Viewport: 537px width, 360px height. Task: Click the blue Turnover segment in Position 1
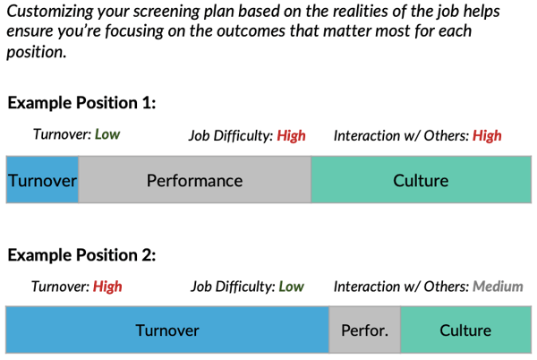point(42,180)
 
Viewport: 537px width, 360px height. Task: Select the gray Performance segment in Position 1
point(195,180)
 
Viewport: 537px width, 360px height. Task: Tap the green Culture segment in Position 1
point(422,180)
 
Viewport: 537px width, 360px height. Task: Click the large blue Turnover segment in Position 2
point(167,330)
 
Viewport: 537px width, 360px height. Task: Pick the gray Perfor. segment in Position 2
point(365,330)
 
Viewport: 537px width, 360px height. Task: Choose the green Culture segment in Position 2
point(465,330)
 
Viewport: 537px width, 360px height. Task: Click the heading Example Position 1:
point(81,103)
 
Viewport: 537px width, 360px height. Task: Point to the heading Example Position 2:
point(81,255)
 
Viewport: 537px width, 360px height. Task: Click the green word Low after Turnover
point(107,134)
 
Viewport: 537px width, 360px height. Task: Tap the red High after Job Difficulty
point(291,136)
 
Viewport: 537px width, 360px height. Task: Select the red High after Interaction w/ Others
point(487,136)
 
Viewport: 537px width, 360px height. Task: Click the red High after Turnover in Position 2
point(107,287)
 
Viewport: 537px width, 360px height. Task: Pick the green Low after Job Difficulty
point(292,287)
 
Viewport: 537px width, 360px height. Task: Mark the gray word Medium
point(498,287)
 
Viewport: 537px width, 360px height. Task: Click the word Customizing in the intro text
point(50,12)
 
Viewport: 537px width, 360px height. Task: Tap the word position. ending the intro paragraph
point(37,53)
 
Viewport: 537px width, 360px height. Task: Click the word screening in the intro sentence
point(166,13)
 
